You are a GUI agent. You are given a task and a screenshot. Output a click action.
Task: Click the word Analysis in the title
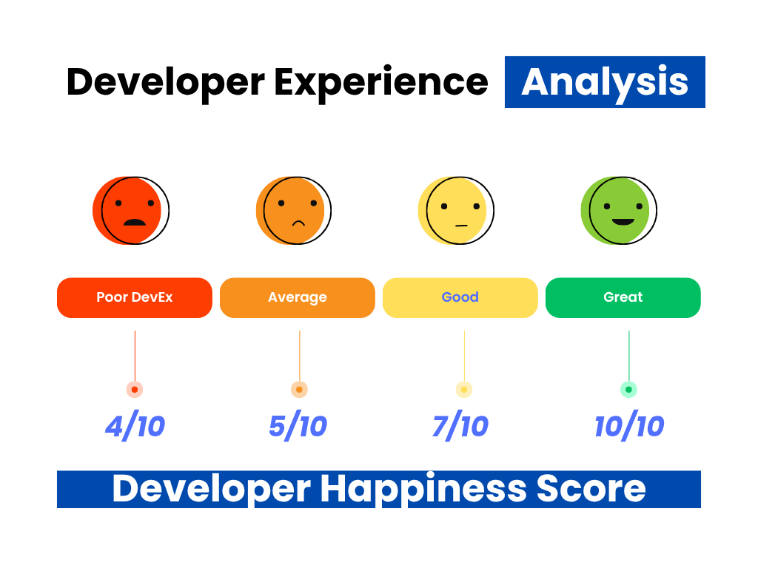pos(605,83)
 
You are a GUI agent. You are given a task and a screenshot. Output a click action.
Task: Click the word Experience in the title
pos(381,83)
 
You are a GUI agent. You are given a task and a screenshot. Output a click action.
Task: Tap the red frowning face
pos(131,211)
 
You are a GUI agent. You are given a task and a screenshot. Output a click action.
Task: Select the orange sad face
pos(294,211)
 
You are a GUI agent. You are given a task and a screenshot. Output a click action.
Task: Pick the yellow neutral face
pos(456,211)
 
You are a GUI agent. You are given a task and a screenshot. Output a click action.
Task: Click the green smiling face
pos(619,211)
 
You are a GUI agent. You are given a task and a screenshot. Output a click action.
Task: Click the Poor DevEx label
pos(135,297)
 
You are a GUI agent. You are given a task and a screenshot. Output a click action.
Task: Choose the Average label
pos(298,297)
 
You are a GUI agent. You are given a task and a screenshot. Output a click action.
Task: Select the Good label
pos(460,297)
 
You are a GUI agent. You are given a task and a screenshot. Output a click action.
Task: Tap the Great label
pos(623,297)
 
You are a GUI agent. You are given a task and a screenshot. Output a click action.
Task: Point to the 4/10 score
pos(135,427)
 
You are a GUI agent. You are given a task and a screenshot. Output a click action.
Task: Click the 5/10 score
pos(298,427)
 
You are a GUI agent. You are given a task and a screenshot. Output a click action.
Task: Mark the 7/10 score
pos(460,427)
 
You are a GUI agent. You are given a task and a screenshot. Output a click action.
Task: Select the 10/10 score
pos(629,427)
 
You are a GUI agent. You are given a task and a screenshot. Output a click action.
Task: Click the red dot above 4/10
pos(135,389)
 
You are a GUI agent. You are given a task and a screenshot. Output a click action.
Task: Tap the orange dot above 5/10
pos(299,389)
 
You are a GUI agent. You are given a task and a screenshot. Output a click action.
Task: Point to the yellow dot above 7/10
pos(464,389)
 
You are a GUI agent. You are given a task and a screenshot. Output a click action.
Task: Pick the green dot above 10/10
pos(629,389)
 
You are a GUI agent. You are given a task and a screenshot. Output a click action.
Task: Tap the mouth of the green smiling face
pos(623,222)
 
